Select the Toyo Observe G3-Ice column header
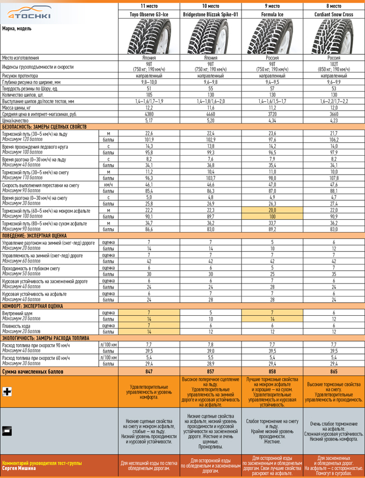click(x=149, y=14)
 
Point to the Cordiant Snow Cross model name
click(x=333, y=14)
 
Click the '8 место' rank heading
click(x=333, y=5)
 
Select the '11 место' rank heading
click(x=149, y=5)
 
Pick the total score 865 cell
click(x=333, y=371)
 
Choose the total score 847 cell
click(x=149, y=371)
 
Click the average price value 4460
click(x=210, y=114)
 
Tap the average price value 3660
click(x=333, y=114)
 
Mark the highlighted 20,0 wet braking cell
click(x=272, y=210)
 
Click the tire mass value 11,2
click(x=272, y=107)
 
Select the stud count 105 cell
click(x=149, y=95)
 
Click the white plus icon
click(x=7, y=392)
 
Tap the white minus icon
click(x=7, y=430)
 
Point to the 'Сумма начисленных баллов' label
click(x=33, y=371)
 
